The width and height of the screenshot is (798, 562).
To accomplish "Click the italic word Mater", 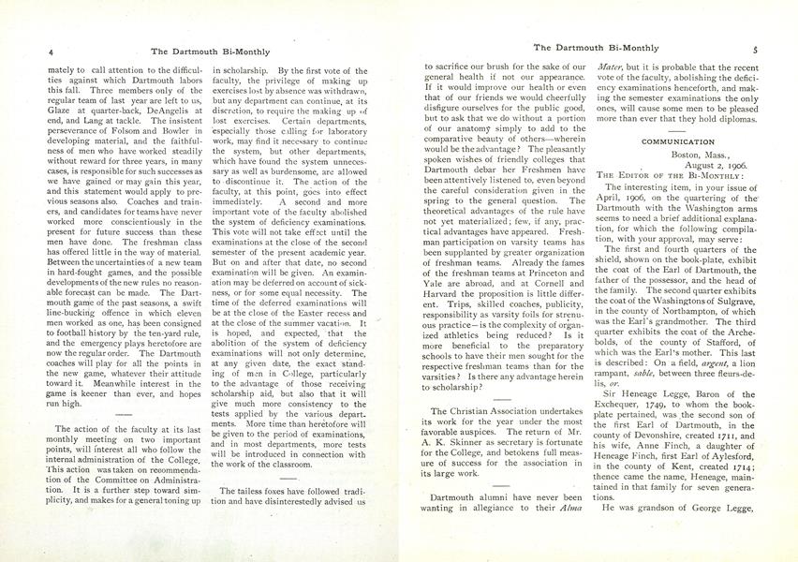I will tap(613, 67).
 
